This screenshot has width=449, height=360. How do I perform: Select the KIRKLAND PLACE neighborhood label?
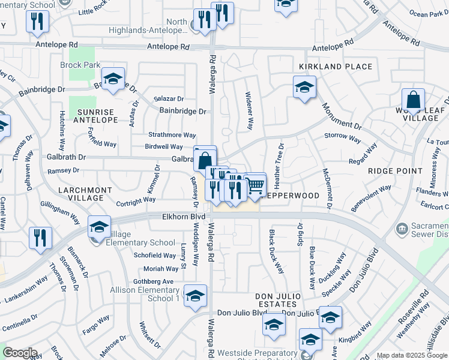(336, 67)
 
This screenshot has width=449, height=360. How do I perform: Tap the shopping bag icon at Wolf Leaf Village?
(413, 100)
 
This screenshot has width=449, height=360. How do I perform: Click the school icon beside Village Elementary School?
(99, 227)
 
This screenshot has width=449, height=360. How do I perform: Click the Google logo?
(20, 353)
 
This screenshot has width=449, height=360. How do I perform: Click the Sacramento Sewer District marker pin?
(402, 228)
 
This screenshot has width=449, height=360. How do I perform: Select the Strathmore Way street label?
(172, 135)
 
